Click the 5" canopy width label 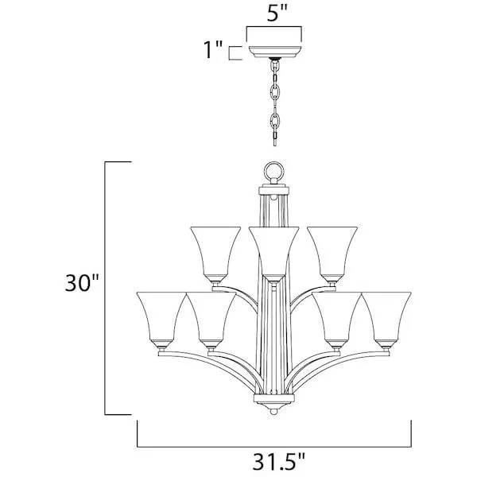[x=277, y=13]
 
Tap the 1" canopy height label [x=213, y=49]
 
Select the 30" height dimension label [x=82, y=282]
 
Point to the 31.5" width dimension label [x=278, y=461]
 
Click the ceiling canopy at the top [x=275, y=52]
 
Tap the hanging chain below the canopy [x=275, y=103]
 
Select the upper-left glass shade [x=215, y=254]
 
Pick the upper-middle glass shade [x=273, y=254]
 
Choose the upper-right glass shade [x=332, y=254]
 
